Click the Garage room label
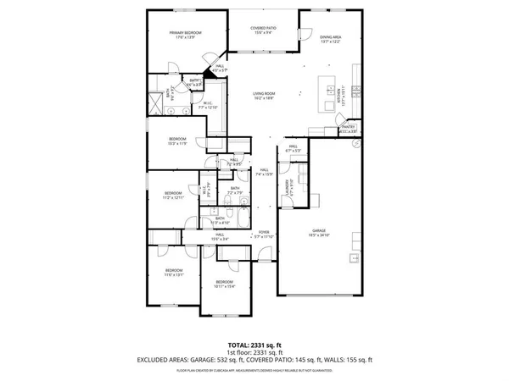[x=319, y=231]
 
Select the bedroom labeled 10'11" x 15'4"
[x=224, y=283]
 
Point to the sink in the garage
[x=355, y=257]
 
